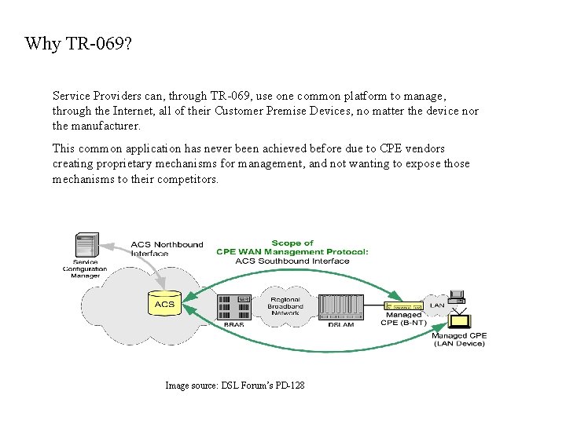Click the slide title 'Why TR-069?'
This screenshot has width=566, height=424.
coord(78,43)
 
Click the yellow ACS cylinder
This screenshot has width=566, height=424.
coord(164,302)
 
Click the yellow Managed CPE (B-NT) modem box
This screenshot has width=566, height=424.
coord(404,305)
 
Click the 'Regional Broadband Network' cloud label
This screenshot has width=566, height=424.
coord(286,306)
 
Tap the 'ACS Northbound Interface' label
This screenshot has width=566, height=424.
coord(166,249)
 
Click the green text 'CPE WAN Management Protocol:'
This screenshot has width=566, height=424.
coord(292,252)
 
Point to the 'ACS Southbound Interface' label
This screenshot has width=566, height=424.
coord(292,261)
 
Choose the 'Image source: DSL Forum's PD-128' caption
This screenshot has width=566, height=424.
coord(234,386)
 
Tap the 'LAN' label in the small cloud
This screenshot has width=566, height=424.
coord(436,305)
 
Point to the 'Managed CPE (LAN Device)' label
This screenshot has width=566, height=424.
coord(459,340)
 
